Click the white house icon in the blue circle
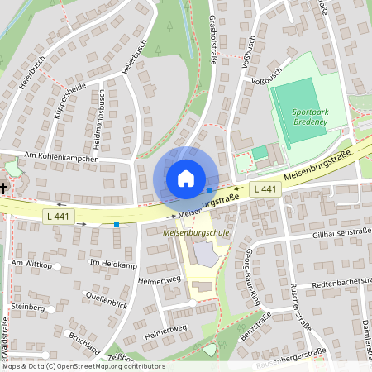186,178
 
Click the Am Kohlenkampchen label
62,157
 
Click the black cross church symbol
3,188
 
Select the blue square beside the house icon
208,191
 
